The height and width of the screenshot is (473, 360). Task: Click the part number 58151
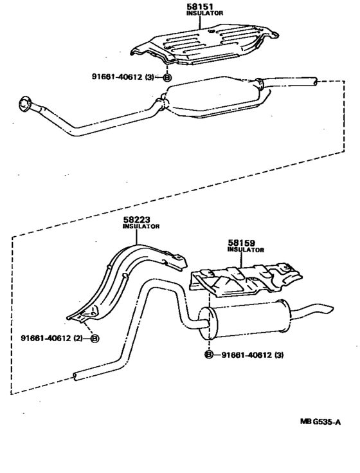(x=200, y=6)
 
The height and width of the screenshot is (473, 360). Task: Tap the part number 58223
(x=136, y=219)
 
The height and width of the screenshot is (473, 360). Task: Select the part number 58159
(x=241, y=243)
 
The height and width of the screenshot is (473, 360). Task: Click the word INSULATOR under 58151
(x=204, y=14)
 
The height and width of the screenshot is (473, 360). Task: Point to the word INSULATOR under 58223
(x=141, y=227)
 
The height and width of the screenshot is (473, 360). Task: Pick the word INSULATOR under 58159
(x=246, y=250)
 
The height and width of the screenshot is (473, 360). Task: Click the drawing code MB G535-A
(x=320, y=422)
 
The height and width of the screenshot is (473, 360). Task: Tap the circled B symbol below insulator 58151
(x=167, y=77)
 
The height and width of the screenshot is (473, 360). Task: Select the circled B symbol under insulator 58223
(x=95, y=338)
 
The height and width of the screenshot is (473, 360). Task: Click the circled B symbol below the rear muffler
(x=209, y=355)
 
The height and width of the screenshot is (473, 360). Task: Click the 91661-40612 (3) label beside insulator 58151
(x=123, y=77)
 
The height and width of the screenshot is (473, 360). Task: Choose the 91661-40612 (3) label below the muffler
(x=253, y=355)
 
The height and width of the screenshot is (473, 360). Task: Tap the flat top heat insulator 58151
(x=205, y=44)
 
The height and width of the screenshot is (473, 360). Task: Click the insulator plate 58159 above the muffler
(x=246, y=280)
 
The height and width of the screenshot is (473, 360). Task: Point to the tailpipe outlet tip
(x=329, y=310)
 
